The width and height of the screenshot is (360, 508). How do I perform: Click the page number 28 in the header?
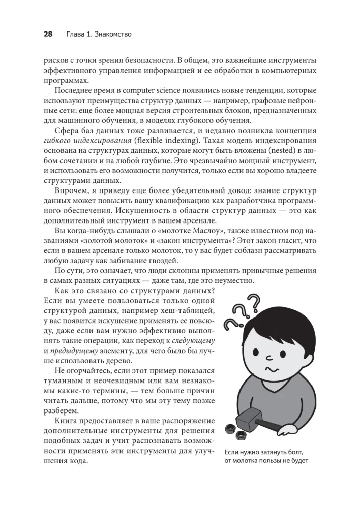48,34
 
